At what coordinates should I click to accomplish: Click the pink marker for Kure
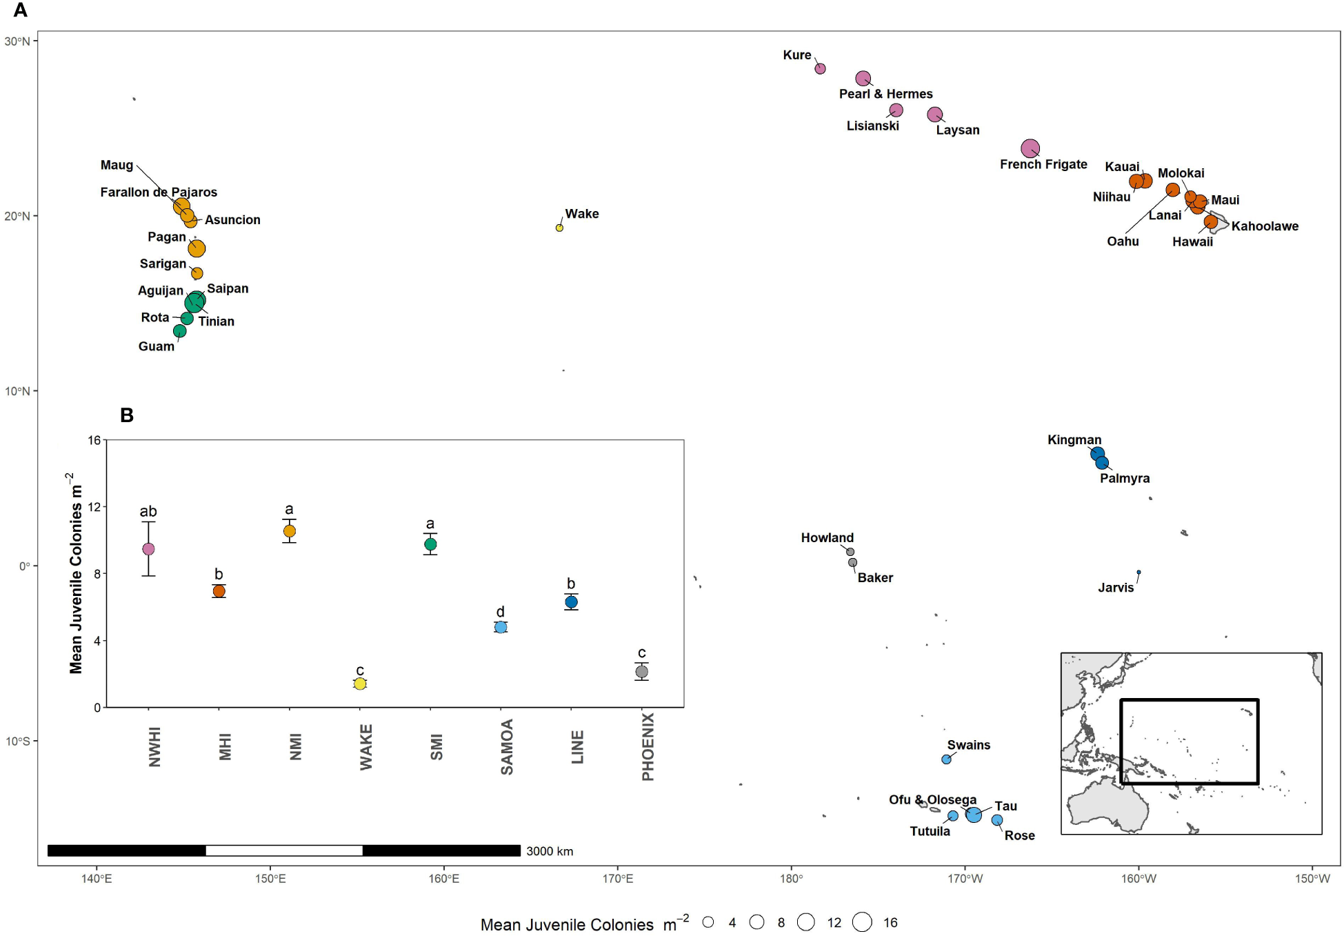820,68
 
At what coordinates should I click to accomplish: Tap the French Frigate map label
1043,164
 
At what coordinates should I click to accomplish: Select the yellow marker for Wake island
559,228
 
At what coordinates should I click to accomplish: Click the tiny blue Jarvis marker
1139,572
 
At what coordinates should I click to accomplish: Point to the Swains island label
968,745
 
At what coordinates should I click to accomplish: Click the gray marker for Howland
850,552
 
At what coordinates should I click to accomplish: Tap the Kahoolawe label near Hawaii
1264,226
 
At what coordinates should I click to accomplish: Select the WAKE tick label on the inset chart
366,747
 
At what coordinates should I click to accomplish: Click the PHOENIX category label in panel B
648,747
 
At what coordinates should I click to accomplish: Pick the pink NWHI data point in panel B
148,549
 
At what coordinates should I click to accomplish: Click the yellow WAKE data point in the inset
360,684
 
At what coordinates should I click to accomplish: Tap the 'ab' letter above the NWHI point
148,511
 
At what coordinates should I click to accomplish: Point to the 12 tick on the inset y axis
94,507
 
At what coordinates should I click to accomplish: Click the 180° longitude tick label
791,879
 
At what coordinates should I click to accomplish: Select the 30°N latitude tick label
17,41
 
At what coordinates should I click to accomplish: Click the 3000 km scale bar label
550,851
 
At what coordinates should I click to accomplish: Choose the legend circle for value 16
862,922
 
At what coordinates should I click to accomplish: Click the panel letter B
127,415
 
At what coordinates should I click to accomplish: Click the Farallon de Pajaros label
159,192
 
